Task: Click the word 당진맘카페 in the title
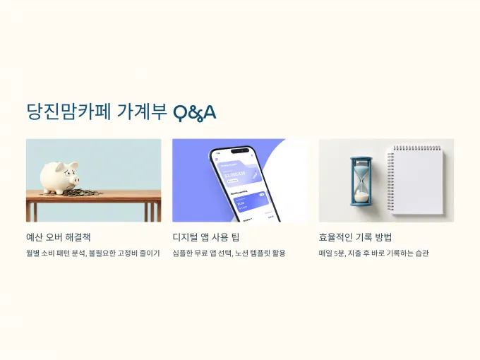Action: point(68,112)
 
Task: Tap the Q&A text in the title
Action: point(195,113)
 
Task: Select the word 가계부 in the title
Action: point(142,112)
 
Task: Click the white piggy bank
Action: point(60,178)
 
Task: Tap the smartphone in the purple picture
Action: point(244,184)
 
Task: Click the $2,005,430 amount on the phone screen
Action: point(235,175)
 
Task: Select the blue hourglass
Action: point(362,181)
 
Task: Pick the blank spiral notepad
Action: point(415,180)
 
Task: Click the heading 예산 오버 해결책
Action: point(59,237)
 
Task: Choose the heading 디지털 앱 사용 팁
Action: point(205,237)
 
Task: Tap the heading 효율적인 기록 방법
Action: point(355,237)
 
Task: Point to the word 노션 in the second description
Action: point(241,253)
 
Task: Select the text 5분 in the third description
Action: point(340,253)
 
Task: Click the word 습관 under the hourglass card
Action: point(422,253)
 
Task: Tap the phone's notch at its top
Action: point(240,150)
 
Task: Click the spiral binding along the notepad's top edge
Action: point(417,148)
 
